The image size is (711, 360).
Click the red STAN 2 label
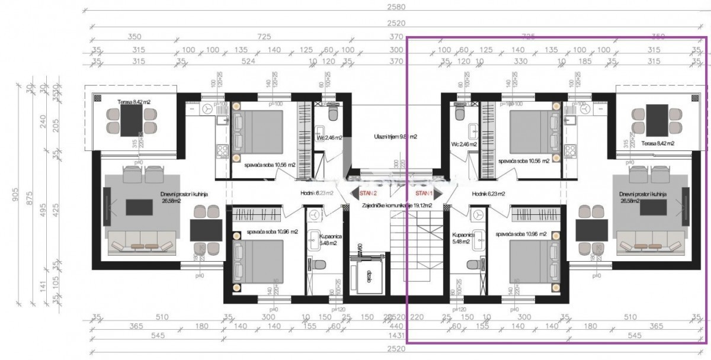pos(367,193)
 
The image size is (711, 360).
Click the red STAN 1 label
pos(424,193)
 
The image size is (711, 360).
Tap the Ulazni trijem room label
pos(395,136)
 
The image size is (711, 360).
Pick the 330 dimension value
pos(520,61)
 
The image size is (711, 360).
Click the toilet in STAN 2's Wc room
pos(332,111)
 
